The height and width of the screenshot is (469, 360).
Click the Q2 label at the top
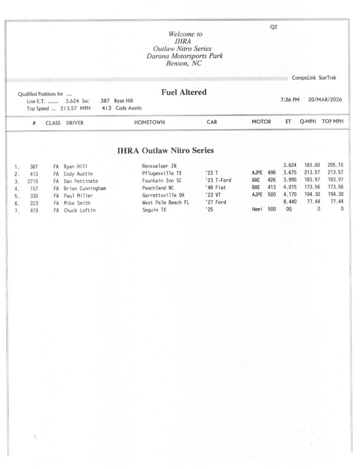273,27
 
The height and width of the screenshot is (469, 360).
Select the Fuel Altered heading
184,92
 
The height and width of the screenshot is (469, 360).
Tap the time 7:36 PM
290,99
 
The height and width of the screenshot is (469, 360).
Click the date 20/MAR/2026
325,99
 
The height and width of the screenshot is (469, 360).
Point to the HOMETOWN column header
149,122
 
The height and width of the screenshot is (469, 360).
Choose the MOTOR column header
261,122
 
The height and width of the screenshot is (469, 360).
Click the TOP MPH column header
333,122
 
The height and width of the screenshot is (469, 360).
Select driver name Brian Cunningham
85,188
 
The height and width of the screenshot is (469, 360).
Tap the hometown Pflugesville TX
162,174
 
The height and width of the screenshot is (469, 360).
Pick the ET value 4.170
290,196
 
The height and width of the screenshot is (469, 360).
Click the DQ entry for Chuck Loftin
289,210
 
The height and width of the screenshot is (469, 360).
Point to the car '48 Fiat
216,188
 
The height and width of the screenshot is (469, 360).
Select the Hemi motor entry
257,210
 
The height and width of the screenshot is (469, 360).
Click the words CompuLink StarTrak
314,78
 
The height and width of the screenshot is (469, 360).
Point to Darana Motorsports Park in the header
185,56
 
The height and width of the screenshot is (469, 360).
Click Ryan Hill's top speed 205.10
335,165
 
